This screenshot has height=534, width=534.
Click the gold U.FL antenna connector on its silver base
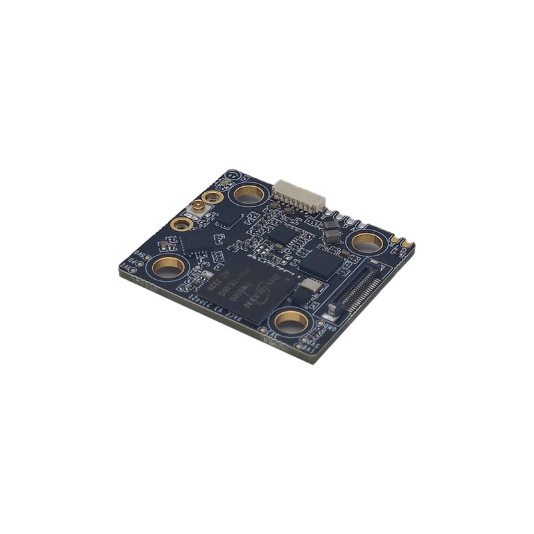click(x=198, y=211)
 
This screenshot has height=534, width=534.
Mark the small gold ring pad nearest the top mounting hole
click(x=214, y=198)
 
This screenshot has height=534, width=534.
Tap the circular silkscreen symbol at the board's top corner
click(x=229, y=175)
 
